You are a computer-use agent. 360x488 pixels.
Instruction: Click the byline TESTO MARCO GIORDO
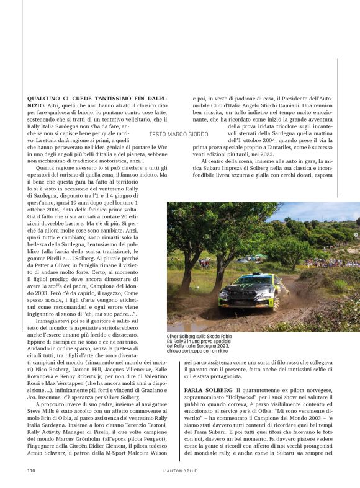(179, 134)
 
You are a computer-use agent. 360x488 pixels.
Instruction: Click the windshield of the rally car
(251, 283)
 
